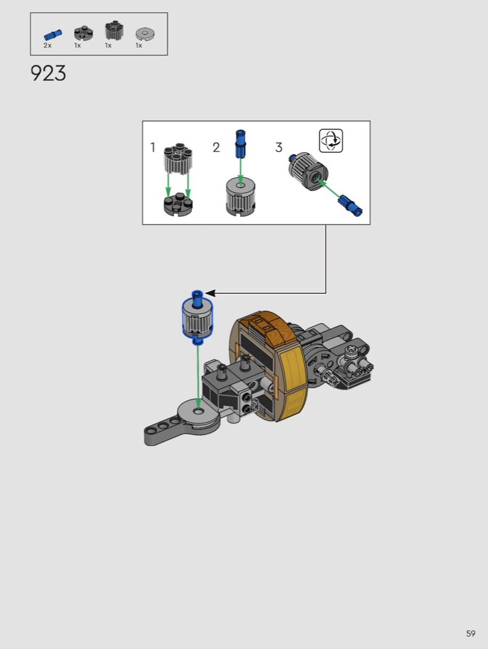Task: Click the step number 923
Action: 48,74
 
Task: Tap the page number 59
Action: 471,634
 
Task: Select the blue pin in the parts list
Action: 53,35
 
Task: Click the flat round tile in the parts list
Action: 145,33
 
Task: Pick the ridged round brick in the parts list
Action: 114,31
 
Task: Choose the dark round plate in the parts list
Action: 83,33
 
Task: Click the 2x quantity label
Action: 48,46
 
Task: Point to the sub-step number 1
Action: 153,147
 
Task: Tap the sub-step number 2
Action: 216,147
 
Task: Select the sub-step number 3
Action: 279,147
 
